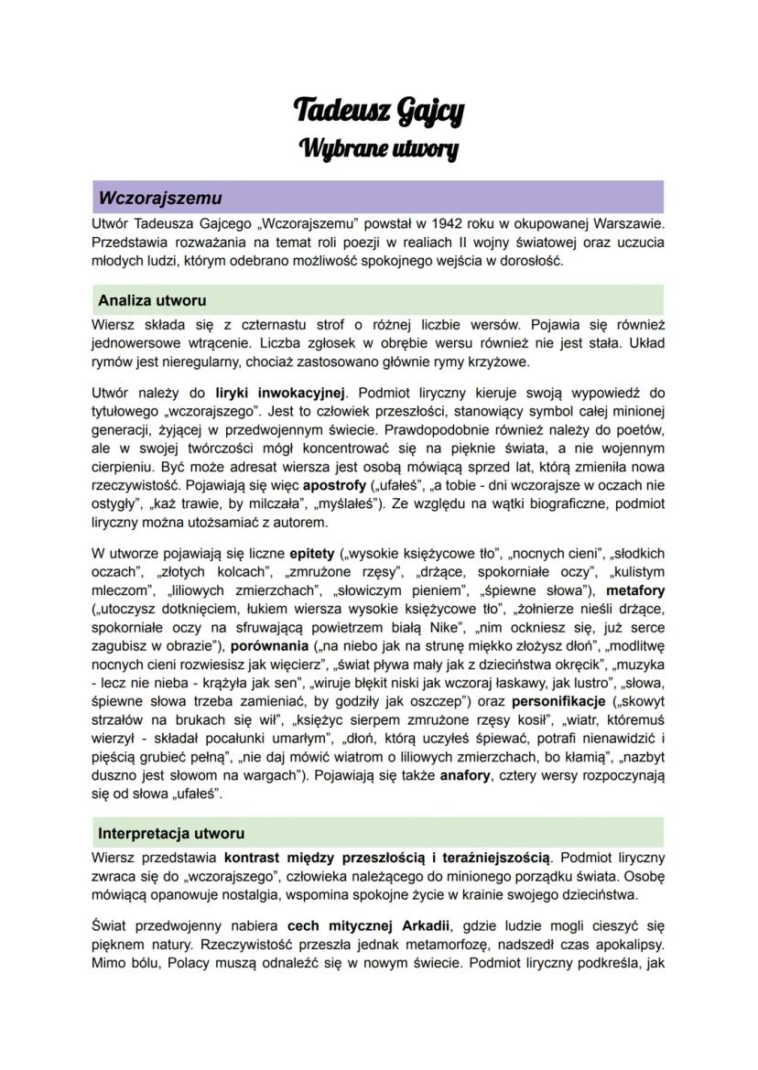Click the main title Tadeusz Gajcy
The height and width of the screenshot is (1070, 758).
378,111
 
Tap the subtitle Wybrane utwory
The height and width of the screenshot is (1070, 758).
378,147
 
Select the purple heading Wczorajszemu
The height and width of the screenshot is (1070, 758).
160,198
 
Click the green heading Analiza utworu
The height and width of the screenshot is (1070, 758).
152,300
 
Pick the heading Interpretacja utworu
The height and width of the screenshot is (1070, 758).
171,834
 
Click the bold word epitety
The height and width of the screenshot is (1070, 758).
311,553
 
